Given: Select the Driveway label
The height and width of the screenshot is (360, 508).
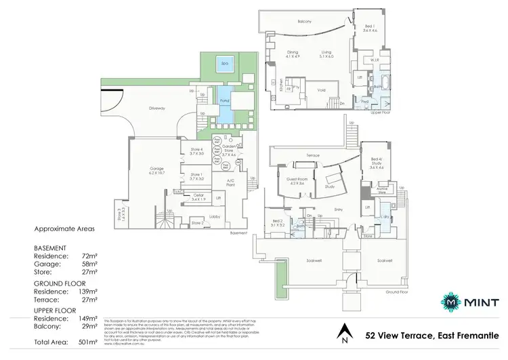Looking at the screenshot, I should coord(157,108).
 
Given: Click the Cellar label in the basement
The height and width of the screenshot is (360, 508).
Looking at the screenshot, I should coord(198,197).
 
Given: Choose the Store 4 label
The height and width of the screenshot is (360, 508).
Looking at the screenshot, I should coord(196,151).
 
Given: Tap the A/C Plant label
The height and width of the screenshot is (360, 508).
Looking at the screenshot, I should coord(230,182).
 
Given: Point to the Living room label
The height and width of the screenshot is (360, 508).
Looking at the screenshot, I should coord(335,56).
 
